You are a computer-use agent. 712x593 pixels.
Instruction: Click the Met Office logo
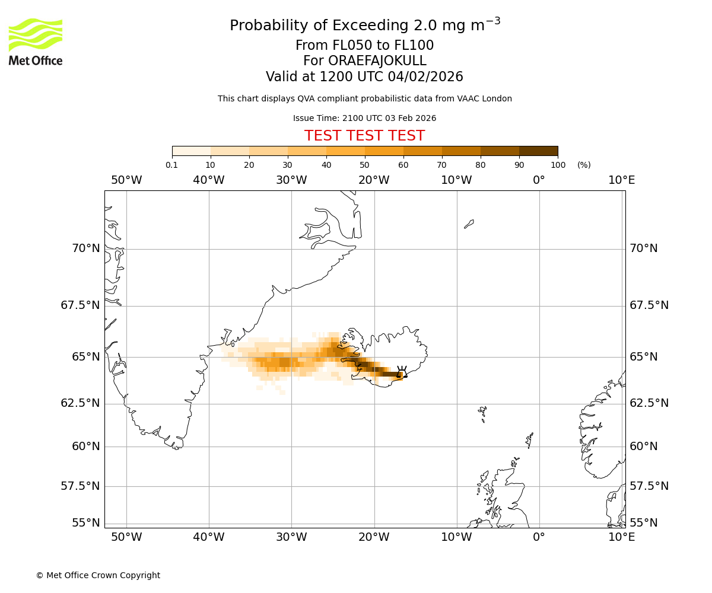coord(36,42)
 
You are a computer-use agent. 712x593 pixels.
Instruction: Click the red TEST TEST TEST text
coord(364,136)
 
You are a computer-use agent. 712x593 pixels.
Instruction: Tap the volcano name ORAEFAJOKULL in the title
coord(364,61)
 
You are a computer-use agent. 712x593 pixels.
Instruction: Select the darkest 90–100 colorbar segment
coord(538,151)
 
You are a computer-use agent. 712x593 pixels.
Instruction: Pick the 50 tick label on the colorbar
coord(364,165)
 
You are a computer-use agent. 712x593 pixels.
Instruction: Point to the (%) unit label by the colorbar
coord(584,165)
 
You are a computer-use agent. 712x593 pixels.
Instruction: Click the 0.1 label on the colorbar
coord(172,165)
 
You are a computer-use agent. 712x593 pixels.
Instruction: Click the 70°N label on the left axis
coord(86,248)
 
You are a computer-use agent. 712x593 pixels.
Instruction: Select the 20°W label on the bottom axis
coord(374,537)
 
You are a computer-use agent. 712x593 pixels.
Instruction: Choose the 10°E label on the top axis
coord(621,180)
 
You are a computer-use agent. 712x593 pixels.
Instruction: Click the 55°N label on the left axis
coord(86,523)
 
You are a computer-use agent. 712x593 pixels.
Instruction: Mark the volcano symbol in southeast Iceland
coord(402,372)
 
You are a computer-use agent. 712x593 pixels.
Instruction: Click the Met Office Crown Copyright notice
coord(98,575)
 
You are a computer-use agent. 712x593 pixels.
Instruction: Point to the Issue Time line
coord(364,118)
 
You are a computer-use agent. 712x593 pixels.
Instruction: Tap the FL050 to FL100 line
coord(364,46)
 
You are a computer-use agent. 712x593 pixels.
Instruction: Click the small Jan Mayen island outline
coord(469,224)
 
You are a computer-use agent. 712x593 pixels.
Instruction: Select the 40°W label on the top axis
coord(209,180)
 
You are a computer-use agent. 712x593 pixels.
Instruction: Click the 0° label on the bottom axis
coord(539,537)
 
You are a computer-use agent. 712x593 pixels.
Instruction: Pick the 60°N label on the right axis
coord(643,447)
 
